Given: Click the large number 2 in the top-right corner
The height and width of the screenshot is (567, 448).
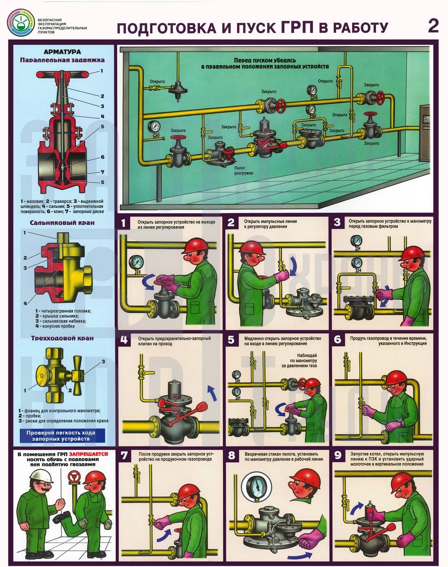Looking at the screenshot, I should (x=433, y=26).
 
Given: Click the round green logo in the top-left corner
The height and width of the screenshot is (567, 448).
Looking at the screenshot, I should (x=20, y=21).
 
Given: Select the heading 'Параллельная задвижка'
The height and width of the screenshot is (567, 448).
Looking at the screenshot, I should (x=62, y=60).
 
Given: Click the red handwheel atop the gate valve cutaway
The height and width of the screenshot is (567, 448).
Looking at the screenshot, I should (x=62, y=75).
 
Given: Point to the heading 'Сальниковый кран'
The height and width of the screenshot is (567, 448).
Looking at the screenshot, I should (x=62, y=223).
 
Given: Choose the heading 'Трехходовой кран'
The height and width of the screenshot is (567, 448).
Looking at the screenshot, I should (x=62, y=338).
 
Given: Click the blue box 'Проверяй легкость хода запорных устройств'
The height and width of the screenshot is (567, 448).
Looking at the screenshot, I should (x=61, y=435).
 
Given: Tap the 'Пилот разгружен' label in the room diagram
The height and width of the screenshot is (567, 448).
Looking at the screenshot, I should (x=244, y=170).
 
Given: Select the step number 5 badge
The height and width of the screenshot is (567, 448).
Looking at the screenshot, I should (x=231, y=340).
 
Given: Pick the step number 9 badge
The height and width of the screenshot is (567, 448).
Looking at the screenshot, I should (x=338, y=455).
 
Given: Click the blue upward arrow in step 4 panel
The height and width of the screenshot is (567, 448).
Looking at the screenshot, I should (x=212, y=393).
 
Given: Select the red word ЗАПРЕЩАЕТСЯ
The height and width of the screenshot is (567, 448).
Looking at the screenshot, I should (x=88, y=454).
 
